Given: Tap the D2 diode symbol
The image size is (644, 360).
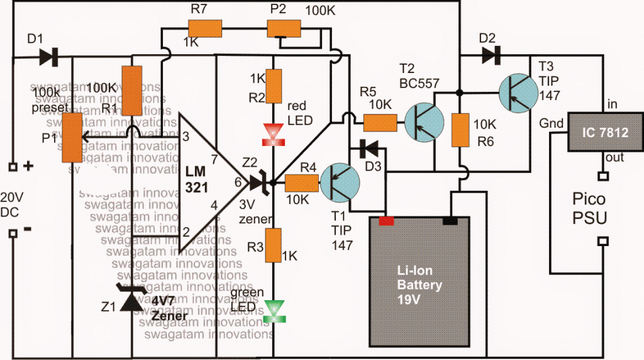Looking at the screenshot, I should point(489,55).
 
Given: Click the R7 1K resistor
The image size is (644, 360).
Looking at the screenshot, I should point(205,28).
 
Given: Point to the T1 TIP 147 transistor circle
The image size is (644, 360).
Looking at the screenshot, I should point(340,183).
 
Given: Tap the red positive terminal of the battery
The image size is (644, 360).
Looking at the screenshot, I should point(386,220).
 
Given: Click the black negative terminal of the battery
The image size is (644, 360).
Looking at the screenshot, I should point(450,220).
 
